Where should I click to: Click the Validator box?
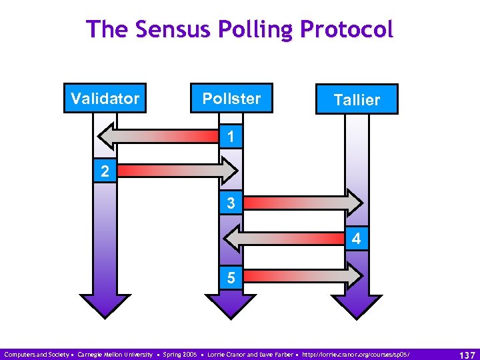click(105, 99)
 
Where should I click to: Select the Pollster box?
click(231, 99)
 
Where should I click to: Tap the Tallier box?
click(357, 99)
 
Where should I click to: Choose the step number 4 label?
click(357, 238)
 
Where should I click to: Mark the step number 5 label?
click(231, 277)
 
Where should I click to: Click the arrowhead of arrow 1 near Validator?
click(107, 137)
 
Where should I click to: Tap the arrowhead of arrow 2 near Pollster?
click(229, 171)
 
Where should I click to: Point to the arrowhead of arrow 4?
click(231, 237)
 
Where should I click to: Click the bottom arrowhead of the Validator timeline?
click(105, 304)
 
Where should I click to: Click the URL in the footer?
click(357, 353)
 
